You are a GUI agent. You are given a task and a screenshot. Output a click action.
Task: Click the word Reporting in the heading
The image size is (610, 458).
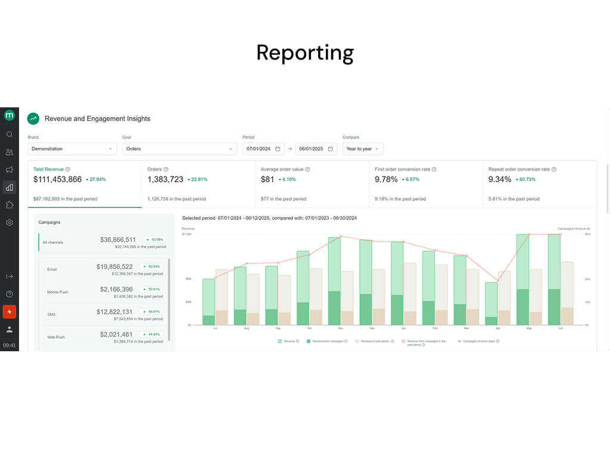(x=305, y=53)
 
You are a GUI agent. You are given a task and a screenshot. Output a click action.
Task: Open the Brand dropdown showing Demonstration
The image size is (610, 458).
(x=72, y=148)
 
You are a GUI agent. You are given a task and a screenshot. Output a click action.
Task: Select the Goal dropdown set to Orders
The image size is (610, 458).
(x=179, y=148)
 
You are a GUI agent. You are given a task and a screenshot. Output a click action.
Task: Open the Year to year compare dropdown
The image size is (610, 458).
(x=362, y=148)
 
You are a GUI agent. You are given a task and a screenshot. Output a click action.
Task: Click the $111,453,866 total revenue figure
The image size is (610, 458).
(x=58, y=180)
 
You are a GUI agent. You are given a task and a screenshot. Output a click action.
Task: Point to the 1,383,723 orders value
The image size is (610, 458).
(x=166, y=180)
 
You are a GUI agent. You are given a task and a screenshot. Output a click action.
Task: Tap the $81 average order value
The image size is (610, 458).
(x=267, y=180)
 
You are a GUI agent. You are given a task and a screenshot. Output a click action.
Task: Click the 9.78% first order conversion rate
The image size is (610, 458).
(x=385, y=180)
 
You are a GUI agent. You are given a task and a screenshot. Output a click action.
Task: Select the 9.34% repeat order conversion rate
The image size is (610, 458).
(x=499, y=180)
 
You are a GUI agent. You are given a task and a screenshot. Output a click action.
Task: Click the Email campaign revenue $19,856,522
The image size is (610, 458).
(x=114, y=267)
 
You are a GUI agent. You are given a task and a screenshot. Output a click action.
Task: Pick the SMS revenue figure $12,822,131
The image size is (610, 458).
(x=114, y=312)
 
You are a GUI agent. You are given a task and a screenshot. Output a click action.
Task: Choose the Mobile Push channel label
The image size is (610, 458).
(x=58, y=292)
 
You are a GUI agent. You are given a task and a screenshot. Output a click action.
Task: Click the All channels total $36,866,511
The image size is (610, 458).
(x=118, y=239)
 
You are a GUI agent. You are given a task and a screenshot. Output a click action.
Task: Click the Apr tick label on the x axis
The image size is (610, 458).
(x=498, y=328)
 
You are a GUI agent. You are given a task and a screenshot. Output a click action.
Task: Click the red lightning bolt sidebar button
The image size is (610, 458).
(x=10, y=311)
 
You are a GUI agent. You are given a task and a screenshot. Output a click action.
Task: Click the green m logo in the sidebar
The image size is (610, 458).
(x=10, y=116)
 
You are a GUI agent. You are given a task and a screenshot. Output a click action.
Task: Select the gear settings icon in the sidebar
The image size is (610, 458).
(x=10, y=222)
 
